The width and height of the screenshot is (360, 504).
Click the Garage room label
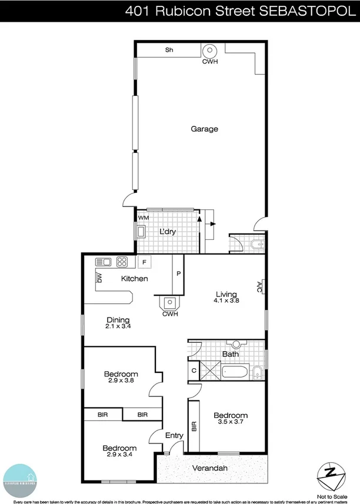click(204, 129)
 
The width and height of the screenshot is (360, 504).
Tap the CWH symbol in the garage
click(209, 51)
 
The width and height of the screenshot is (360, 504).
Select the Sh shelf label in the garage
click(169, 50)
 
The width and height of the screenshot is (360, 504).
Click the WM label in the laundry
click(142, 218)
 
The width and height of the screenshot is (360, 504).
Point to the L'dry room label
click(168, 232)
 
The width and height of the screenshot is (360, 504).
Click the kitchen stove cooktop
click(122, 262)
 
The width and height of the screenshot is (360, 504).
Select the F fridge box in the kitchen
click(144, 262)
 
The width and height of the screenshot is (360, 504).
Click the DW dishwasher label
click(100, 278)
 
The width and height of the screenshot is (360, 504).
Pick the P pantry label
click(178, 273)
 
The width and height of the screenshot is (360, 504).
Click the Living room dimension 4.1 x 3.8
click(226, 301)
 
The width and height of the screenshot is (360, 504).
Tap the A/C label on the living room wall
click(259, 286)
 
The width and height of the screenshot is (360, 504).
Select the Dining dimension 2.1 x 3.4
click(118, 326)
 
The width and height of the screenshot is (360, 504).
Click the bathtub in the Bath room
click(236, 372)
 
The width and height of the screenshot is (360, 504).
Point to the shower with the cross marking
click(211, 371)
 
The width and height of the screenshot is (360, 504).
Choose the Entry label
click(174, 436)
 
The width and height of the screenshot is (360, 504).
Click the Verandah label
click(210, 469)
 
